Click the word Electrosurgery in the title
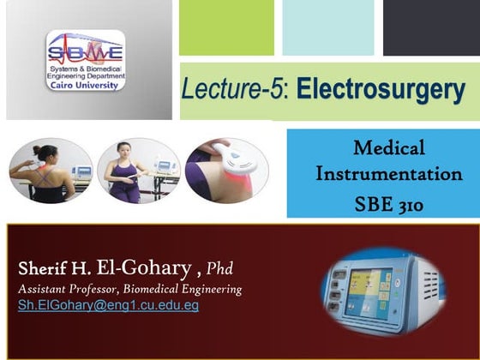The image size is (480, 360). coord(381,88)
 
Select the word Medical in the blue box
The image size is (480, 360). coord(388,148)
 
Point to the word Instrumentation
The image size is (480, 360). coord(388,174)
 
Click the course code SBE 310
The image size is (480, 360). coord(388,205)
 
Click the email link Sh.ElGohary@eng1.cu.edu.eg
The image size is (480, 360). coord(108,305)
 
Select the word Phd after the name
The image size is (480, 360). coord(220,263)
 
